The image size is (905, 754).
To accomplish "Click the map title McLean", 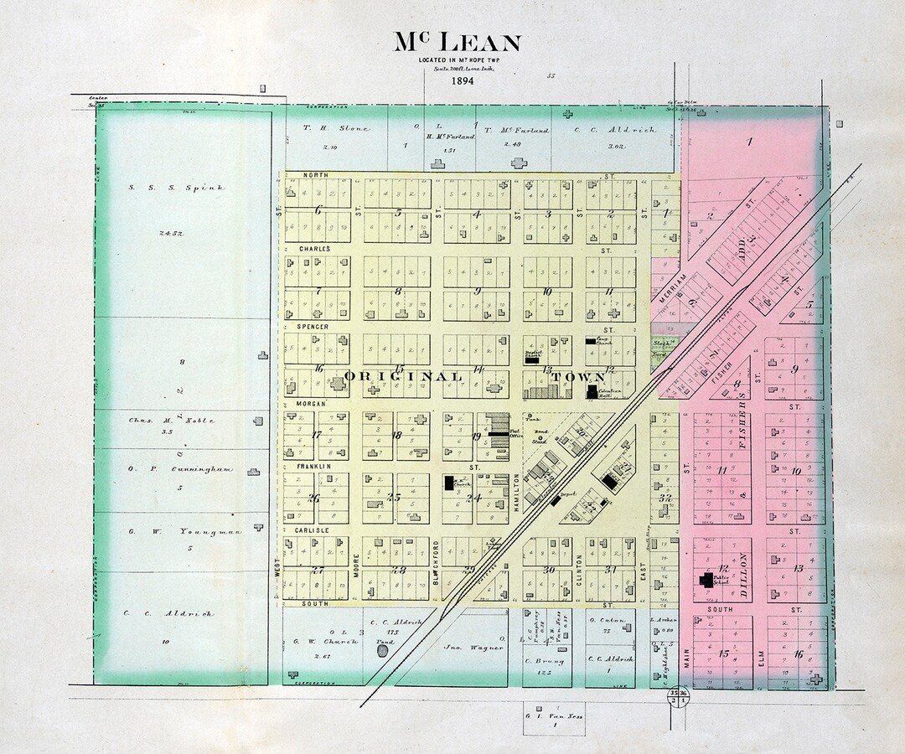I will [458, 43].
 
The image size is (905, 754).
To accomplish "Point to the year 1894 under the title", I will [462, 81].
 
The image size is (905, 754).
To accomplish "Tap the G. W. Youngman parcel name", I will [172, 531].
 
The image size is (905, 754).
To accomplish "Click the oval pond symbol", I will [383, 650].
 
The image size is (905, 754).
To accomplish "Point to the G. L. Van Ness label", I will [555, 716].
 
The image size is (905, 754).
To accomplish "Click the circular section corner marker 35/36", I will [678, 698].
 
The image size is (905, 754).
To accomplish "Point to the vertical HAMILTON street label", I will [517, 492].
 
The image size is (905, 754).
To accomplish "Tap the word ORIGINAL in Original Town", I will [403, 377].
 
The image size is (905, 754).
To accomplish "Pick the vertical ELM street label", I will [761, 659].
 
